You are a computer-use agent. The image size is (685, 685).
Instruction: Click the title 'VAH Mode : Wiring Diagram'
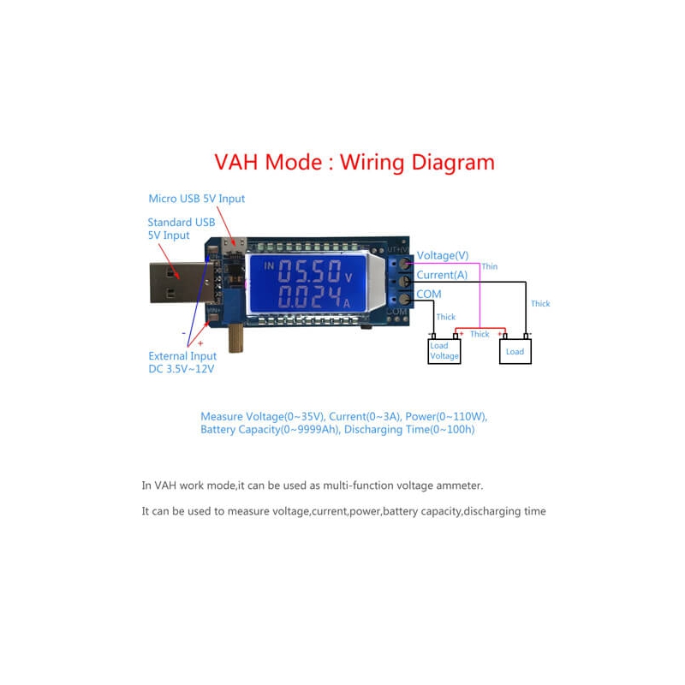tap(354, 162)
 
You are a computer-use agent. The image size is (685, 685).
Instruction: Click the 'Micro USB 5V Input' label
tap(196, 199)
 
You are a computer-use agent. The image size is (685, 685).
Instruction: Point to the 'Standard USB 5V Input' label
tap(181, 229)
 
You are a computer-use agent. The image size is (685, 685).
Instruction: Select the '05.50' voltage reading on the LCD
tap(309, 275)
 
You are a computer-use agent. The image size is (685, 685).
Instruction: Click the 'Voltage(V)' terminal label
tap(443, 255)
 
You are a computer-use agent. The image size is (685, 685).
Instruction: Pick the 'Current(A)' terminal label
tap(442, 275)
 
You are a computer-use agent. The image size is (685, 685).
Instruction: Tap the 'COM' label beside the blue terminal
tap(429, 294)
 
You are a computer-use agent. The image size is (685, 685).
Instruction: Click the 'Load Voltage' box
tap(444, 351)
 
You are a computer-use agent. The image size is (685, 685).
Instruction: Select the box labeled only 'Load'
tap(515, 351)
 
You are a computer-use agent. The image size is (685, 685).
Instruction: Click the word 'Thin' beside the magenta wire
tap(489, 267)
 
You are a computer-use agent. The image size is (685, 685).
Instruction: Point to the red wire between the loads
tap(479, 328)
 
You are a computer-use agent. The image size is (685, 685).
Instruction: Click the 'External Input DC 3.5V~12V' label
tap(182, 363)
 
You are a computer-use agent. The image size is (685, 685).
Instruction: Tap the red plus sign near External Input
tap(200, 342)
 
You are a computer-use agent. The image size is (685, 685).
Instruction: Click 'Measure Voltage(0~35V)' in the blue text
tap(262, 416)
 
